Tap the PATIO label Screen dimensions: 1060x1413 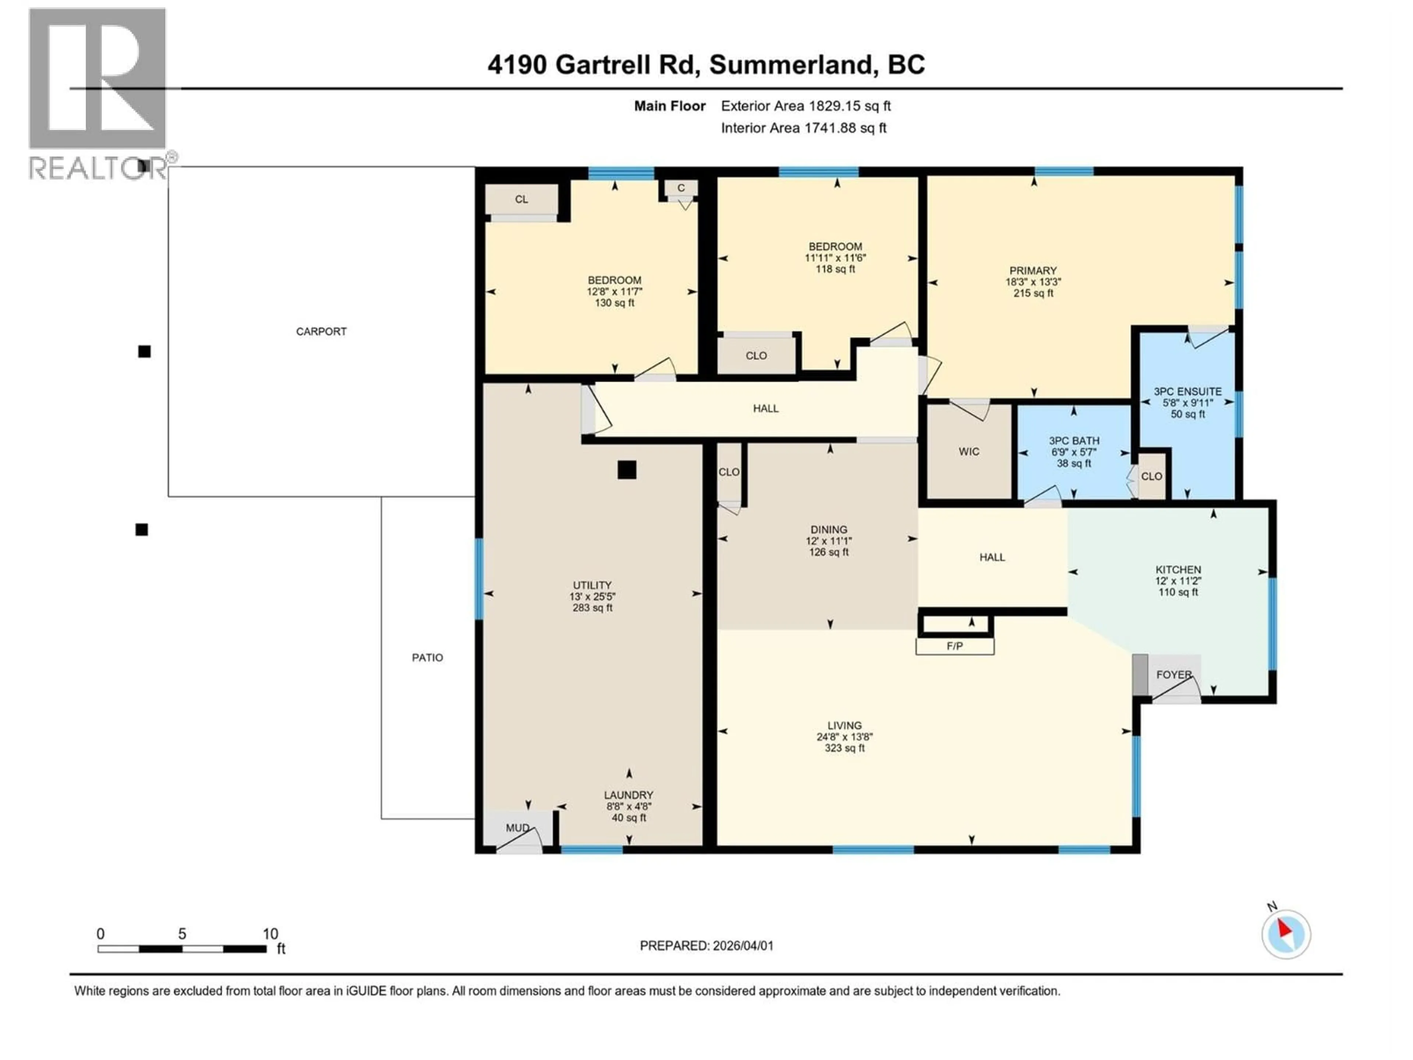[427, 657]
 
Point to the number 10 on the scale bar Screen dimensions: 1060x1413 [270, 933]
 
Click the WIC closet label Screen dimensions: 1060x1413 [968, 452]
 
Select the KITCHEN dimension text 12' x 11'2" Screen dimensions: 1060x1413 [1178, 581]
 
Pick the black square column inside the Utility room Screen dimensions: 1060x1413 [627, 470]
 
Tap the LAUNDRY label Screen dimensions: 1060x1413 [628, 795]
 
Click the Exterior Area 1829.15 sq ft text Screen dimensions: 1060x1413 [805, 106]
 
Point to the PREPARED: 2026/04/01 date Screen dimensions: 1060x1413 [706, 946]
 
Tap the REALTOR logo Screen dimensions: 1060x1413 [99, 93]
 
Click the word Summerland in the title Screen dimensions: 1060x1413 [791, 64]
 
